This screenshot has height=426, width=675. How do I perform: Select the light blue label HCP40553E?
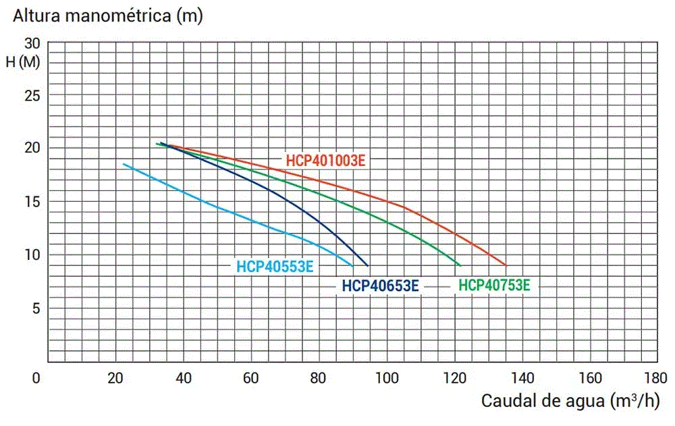coord(275,266)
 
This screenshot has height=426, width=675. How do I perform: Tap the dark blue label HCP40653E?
coord(381,286)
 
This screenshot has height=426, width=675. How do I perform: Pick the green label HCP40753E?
coord(494,286)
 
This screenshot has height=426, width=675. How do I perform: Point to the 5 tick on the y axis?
coord(37,309)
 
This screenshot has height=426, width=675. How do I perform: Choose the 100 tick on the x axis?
coord(386,377)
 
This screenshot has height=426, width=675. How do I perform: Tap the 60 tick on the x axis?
coord(251,377)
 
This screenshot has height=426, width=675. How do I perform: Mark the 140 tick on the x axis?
coord(521,377)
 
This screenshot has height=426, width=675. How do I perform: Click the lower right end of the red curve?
coord(505,265)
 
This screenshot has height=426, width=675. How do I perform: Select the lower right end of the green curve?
coord(460,265)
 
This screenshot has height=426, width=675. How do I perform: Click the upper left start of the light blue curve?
coord(124,164)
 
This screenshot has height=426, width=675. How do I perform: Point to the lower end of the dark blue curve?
coord(368,265)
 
